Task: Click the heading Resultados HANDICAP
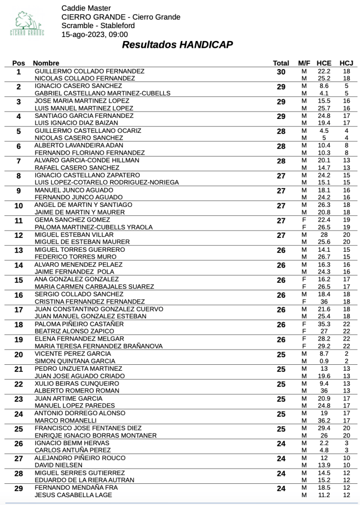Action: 177,45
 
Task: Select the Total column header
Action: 280,63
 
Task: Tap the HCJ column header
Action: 346,63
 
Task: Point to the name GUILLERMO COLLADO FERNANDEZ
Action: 89,71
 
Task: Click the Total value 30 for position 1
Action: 281,72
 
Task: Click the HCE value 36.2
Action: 324,420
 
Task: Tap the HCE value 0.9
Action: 324,361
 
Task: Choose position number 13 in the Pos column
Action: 19,250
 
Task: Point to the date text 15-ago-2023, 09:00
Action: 94,35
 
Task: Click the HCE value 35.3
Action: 324,324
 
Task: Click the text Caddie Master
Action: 86,8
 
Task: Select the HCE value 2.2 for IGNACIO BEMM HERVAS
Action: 324,443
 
